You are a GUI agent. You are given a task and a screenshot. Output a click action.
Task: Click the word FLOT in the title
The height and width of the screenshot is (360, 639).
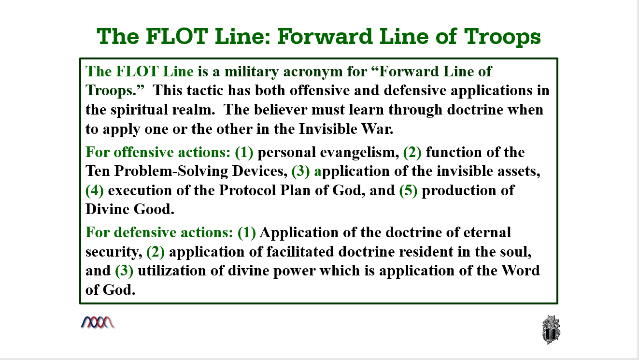click(x=177, y=36)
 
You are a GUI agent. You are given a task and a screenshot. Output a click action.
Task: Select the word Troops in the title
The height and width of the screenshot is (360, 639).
click(x=502, y=37)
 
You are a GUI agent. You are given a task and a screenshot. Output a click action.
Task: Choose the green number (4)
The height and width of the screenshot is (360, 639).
click(x=94, y=190)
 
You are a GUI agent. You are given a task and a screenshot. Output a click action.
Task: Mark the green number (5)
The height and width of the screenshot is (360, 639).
click(x=408, y=190)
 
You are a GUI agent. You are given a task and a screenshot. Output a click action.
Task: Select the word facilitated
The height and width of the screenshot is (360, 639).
click(x=300, y=252)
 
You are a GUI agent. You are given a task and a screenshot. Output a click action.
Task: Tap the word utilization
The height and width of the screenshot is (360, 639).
click(x=172, y=271)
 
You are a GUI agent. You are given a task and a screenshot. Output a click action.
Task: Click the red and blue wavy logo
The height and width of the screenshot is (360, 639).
click(x=98, y=323)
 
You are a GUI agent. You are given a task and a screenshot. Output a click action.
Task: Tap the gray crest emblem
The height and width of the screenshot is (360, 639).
click(x=551, y=330)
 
